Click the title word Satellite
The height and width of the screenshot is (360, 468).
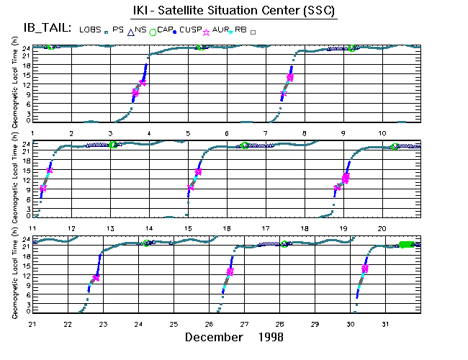tap(211, 12)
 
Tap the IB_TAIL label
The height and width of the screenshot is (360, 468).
tap(42, 28)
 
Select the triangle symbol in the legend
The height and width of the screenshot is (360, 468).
tap(130, 32)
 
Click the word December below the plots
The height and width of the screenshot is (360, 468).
tap(212, 337)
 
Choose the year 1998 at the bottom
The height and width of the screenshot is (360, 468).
tap(268, 337)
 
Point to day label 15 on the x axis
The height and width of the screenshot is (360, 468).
tap(189, 228)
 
